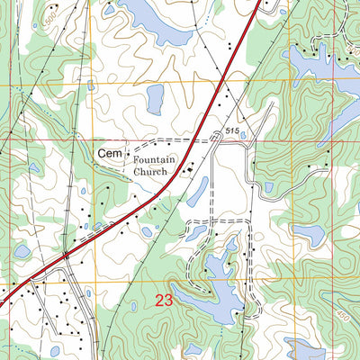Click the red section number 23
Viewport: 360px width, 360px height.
point(163,301)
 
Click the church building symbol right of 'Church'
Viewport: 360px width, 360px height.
point(188,167)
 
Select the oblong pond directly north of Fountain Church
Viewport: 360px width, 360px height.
point(155,98)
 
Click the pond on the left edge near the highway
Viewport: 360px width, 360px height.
point(21,251)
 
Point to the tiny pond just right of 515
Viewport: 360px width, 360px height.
point(243,136)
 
